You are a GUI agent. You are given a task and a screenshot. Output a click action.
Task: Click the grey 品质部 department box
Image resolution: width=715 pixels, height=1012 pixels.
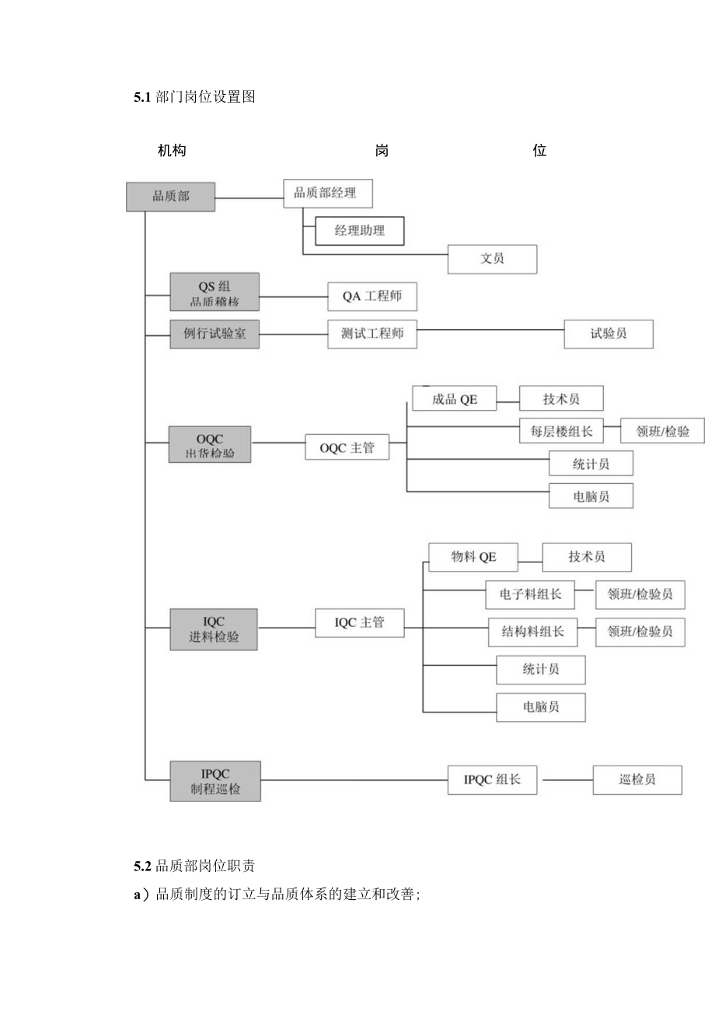point(169,196)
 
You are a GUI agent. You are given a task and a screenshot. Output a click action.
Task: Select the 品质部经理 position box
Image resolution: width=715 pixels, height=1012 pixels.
point(328,193)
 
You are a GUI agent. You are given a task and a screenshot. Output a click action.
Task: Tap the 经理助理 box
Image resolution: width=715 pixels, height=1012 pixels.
point(360,230)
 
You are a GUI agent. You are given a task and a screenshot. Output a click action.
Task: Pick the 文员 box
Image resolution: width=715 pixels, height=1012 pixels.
point(492,259)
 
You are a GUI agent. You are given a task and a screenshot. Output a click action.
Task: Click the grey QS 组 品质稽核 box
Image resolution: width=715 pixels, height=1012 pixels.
point(214,292)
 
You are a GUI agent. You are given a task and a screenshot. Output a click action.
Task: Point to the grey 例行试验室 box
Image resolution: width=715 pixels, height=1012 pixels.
point(214,334)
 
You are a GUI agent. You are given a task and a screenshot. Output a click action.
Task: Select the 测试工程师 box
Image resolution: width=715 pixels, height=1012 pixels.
point(372,334)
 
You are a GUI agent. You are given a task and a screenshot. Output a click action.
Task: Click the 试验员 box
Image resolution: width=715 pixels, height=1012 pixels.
point(609,334)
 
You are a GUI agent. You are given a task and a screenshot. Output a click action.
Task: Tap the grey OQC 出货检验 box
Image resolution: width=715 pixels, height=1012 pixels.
point(210,444)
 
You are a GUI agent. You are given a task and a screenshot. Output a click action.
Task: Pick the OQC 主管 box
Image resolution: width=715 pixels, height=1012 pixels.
point(347,447)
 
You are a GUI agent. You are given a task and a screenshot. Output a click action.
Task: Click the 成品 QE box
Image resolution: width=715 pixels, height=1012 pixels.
point(455,400)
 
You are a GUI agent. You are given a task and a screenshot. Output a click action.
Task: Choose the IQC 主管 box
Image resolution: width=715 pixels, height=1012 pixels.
point(359,623)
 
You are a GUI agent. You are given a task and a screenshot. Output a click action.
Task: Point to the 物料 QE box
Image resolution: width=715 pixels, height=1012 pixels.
point(473,557)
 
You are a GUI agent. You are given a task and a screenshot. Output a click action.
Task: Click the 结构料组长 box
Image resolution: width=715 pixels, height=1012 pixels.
point(532,632)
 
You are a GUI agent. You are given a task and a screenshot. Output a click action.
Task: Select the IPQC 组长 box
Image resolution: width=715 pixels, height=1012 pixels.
point(492,779)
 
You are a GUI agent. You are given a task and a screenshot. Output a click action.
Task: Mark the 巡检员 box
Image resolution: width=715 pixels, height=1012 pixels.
point(637,779)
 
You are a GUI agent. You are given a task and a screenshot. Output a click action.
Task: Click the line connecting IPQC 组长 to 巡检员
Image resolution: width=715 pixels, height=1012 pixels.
point(565,779)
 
